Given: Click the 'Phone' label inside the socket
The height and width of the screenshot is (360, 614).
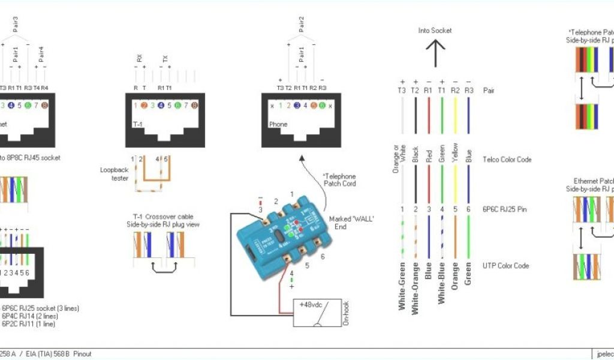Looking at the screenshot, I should point(278,125).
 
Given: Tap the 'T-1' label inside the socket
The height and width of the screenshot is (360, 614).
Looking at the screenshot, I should point(137,125).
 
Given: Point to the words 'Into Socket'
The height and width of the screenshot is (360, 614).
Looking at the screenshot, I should point(435,30).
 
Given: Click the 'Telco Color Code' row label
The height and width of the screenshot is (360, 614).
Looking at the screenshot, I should point(506,160).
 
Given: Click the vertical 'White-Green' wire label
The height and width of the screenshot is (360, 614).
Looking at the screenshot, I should point(402,286).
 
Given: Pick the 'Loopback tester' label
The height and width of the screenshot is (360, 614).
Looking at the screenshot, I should point(114,173).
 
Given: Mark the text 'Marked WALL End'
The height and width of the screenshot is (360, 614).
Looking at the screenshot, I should point(352,223).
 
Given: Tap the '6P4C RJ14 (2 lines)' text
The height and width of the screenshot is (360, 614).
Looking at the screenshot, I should point(30,316).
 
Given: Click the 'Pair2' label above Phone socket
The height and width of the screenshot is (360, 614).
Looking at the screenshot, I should point(301,24).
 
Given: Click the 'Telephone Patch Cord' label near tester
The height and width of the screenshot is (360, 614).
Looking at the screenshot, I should point(340,179).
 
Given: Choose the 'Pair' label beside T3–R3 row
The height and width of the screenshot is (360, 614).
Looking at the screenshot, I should point(488,90).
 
